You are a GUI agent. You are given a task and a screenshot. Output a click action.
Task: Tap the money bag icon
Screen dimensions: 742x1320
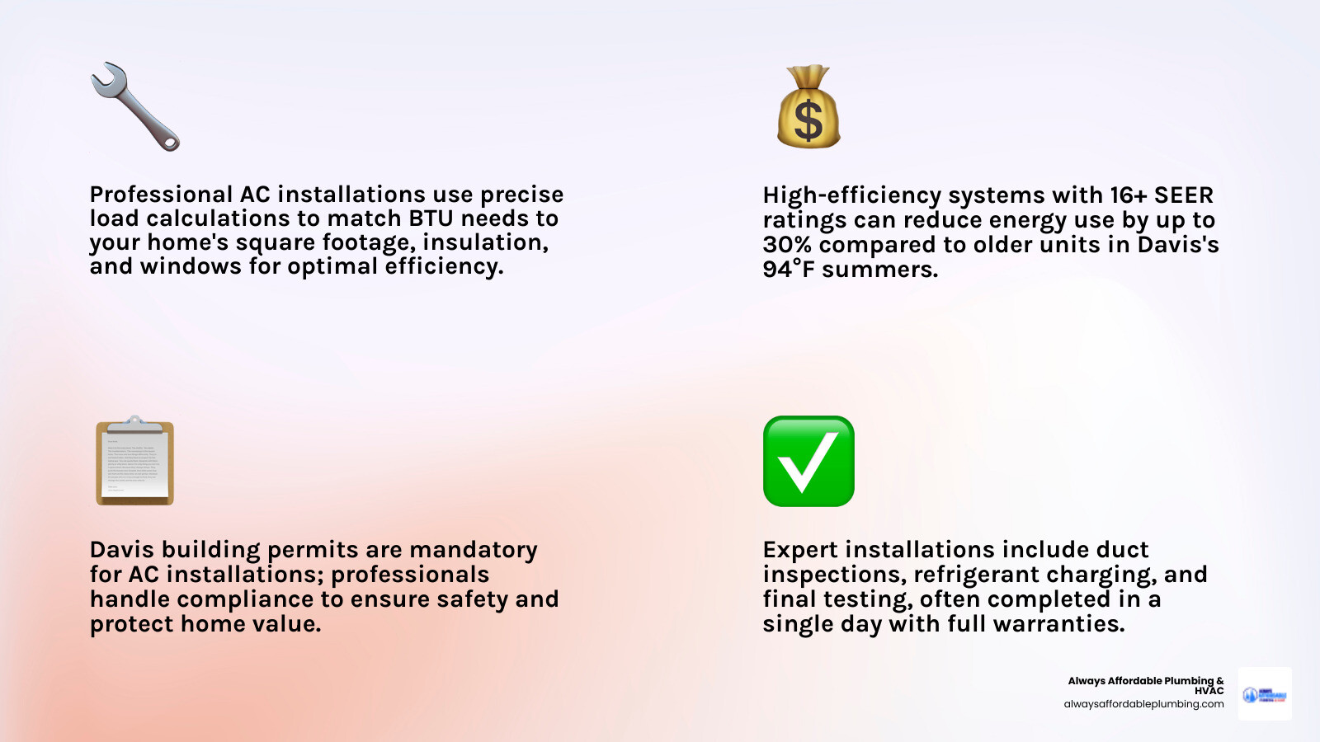808,107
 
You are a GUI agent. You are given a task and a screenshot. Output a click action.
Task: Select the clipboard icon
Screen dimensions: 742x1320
134,462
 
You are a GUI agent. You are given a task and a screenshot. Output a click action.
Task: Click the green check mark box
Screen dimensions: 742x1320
808,462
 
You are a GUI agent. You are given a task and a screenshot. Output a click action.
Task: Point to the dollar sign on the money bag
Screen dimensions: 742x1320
808,120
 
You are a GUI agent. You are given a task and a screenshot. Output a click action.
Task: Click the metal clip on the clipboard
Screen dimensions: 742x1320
134,425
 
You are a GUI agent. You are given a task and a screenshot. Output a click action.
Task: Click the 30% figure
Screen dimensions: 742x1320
787,245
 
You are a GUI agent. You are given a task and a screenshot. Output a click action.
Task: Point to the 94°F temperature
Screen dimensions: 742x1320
790,270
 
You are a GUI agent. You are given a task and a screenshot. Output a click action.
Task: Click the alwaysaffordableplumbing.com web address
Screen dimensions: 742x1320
1143,704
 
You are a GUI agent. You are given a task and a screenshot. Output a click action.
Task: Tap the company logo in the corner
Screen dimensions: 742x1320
1265,694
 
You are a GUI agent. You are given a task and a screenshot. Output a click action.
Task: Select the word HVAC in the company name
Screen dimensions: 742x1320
1209,691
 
